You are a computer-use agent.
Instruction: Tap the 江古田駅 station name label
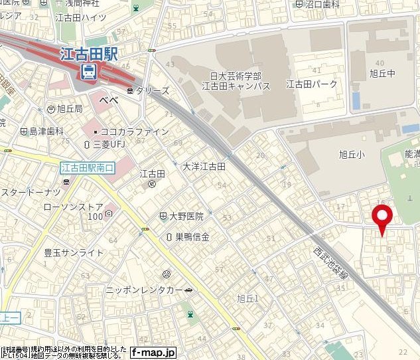(88, 54)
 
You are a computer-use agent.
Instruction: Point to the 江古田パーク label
(312, 84)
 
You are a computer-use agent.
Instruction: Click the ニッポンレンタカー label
(144, 291)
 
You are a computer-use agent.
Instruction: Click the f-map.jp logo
(153, 352)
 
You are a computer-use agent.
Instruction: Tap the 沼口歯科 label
(320, 4)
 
